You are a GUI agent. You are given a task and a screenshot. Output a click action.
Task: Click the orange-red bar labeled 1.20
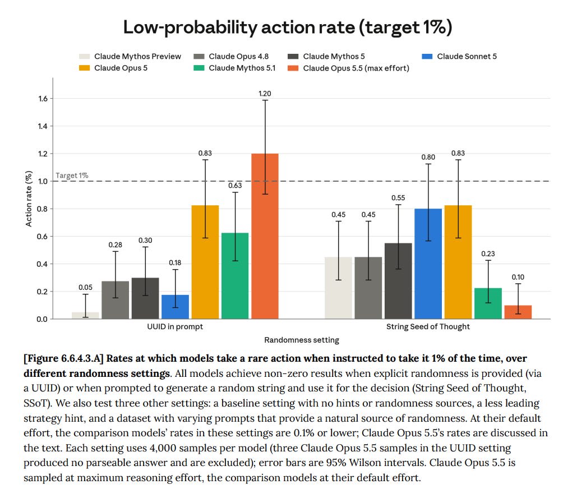click(x=265, y=236)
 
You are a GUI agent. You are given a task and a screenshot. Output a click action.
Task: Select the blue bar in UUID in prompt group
click(x=175, y=307)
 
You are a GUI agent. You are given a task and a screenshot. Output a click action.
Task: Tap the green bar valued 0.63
click(x=235, y=276)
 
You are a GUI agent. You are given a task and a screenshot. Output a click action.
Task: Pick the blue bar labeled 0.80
click(x=428, y=264)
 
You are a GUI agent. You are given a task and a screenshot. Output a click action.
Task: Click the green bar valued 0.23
click(x=488, y=303)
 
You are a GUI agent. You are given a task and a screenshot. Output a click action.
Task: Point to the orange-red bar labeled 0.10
click(x=518, y=312)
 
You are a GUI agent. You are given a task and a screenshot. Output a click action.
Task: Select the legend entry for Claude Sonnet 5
click(x=459, y=57)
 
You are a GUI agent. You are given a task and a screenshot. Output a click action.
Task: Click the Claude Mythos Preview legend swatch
click(x=84, y=57)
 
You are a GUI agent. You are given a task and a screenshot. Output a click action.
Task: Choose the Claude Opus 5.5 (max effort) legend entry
click(x=348, y=68)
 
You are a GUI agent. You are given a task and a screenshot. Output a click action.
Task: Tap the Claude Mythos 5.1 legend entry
click(x=234, y=68)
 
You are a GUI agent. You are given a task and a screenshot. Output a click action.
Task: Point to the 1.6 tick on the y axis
click(x=43, y=99)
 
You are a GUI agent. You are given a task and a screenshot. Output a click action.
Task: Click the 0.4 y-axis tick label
click(x=42, y=264)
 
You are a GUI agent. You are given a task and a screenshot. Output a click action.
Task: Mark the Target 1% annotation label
click(x=72, y=176)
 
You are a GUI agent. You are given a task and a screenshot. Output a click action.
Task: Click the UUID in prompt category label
click(x=175, y=327)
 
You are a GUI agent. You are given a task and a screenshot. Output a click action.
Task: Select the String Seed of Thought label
click(x=428, y=327)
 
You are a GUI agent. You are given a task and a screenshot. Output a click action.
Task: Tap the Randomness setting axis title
click(x=302, y=340)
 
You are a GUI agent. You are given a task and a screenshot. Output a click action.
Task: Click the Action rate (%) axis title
click(x=29, y=199)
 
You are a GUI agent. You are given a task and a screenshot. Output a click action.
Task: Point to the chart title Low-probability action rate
click(x=288, y=27)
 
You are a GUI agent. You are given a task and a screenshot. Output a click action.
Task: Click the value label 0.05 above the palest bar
click(x=85, y=288)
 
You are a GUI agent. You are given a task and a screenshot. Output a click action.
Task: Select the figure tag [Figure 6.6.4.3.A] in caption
click(x=63, y=359)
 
